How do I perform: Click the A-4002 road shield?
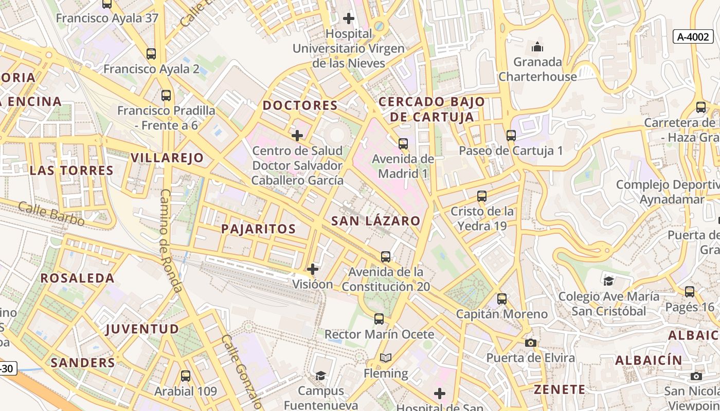pos(693,37)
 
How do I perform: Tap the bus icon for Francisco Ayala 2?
pos(151,54)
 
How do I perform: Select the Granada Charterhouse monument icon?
pos(537,47)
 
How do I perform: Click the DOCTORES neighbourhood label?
pos(300,106)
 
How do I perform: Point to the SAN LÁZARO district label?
pos(375,221)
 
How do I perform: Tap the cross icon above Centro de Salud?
pos(297,136)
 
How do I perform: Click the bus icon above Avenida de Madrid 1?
pos(403,144)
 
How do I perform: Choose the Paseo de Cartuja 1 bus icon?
pos(511,136)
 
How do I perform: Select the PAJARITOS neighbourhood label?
pos(258,229)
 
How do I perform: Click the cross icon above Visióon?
pos(313,269)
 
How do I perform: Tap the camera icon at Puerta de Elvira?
pos(531,343)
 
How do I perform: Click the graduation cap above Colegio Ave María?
pos(609,281)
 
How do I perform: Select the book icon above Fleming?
pos(386,358)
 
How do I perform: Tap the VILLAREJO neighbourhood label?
pos(167,158)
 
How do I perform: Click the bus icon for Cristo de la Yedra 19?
pos(482,196)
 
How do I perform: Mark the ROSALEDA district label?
pos(77,278)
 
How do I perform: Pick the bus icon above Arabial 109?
pos(186,376)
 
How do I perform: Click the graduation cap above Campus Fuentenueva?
pos(320,376)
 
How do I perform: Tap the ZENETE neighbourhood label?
pos(559,389)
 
